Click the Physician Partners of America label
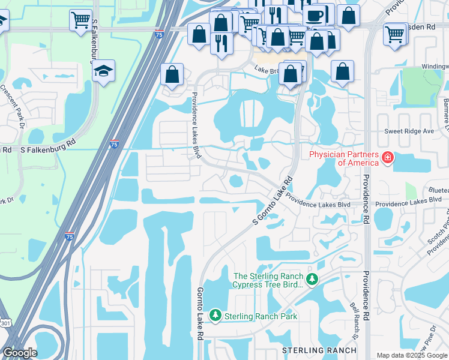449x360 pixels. click(344, 158)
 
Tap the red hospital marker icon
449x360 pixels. click(388, 158)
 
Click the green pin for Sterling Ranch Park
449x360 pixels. click(215, 315)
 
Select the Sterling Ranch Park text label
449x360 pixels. click(261, 316)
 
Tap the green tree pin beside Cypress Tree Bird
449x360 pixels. click(312, 279)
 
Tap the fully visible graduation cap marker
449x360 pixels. click(104, 71)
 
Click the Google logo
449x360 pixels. click(20, 353)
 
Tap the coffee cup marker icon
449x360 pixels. click(315, 15)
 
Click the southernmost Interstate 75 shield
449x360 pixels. click(70, 236)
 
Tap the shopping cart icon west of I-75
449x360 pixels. click(80, 21)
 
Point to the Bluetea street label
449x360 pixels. click(436, 188)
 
